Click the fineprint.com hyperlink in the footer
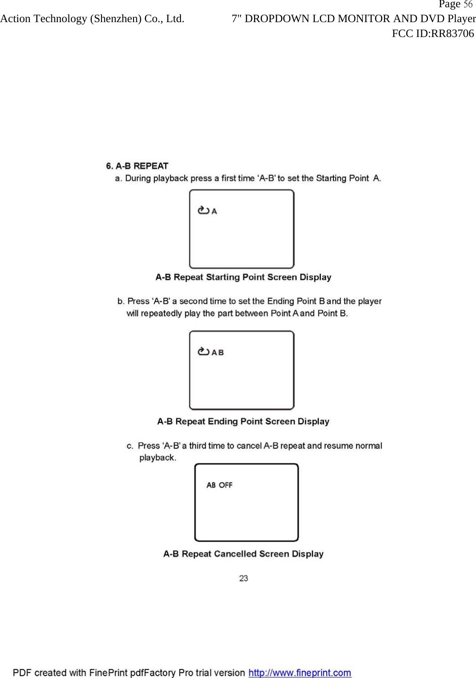click(300, 673)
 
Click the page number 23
click(244, 578)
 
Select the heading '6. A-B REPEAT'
click(137, 166)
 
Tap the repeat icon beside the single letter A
click(203, 210)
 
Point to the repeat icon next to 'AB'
click(203, 352)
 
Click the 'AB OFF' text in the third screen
click(219, 485)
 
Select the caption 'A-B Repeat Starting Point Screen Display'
click(243, 277)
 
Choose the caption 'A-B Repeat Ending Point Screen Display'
click(243, 421)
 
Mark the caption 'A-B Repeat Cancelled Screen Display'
click(243, 554)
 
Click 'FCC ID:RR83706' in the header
click(433, 33)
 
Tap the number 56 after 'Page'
click(468, 5)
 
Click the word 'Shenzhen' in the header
click(116, 19)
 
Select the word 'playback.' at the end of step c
click(157, 458)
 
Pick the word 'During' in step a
click(138, 178)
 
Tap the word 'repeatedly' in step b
click(161, 313)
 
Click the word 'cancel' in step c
click(249, 446)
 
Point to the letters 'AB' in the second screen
click(218, 352)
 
